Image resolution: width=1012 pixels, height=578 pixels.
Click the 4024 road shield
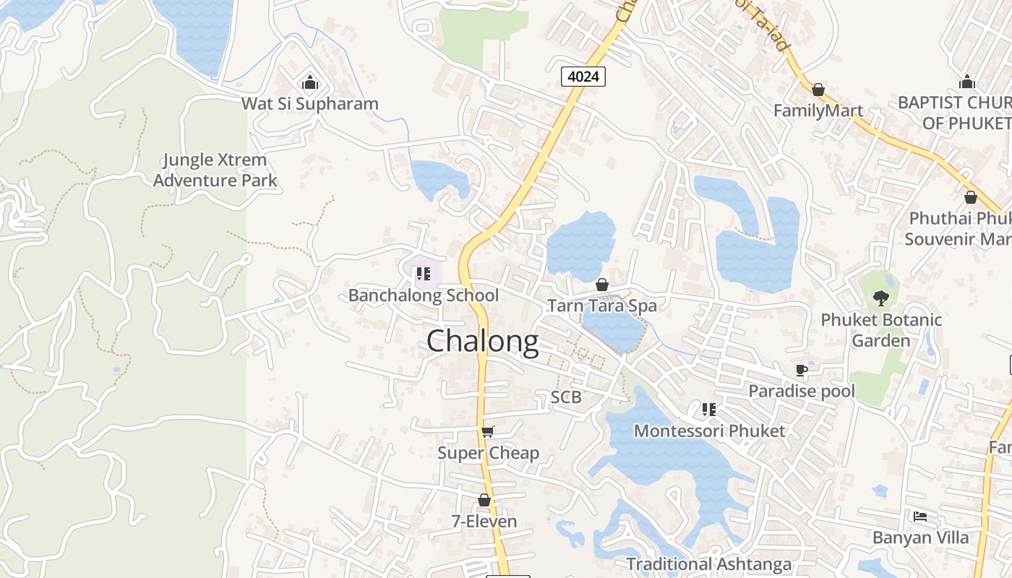(583, 76)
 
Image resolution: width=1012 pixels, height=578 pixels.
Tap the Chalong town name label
(483, 342)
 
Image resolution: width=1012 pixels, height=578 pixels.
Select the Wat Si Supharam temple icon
(310, 83)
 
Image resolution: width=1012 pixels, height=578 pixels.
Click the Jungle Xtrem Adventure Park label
(215, 170)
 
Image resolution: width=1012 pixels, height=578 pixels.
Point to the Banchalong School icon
(424, 274)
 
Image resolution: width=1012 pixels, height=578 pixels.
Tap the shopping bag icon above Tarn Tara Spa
(602, 285)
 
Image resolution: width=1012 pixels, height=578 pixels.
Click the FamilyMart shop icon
(818, 90)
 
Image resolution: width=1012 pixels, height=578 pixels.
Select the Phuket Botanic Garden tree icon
(880, 298)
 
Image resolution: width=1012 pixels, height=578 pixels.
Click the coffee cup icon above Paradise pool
(801, 371)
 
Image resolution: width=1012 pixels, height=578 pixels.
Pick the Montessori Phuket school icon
(709, 410)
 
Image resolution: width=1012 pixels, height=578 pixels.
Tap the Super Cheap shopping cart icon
(487, 431)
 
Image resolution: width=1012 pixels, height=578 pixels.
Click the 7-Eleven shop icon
(484, 500)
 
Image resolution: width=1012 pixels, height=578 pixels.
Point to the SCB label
(566, 397)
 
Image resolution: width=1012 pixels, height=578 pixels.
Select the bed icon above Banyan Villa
(920, 517)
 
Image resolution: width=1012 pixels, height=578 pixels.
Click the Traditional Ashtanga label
(709, 564)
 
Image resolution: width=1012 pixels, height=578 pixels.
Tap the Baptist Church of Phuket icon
(967, 82)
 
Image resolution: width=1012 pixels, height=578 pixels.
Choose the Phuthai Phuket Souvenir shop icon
(971, 197)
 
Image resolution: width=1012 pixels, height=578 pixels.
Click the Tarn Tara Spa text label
(602, 306)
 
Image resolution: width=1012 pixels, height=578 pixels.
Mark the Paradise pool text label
(802, 392)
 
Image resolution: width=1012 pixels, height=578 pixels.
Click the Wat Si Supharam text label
(310, 103)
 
